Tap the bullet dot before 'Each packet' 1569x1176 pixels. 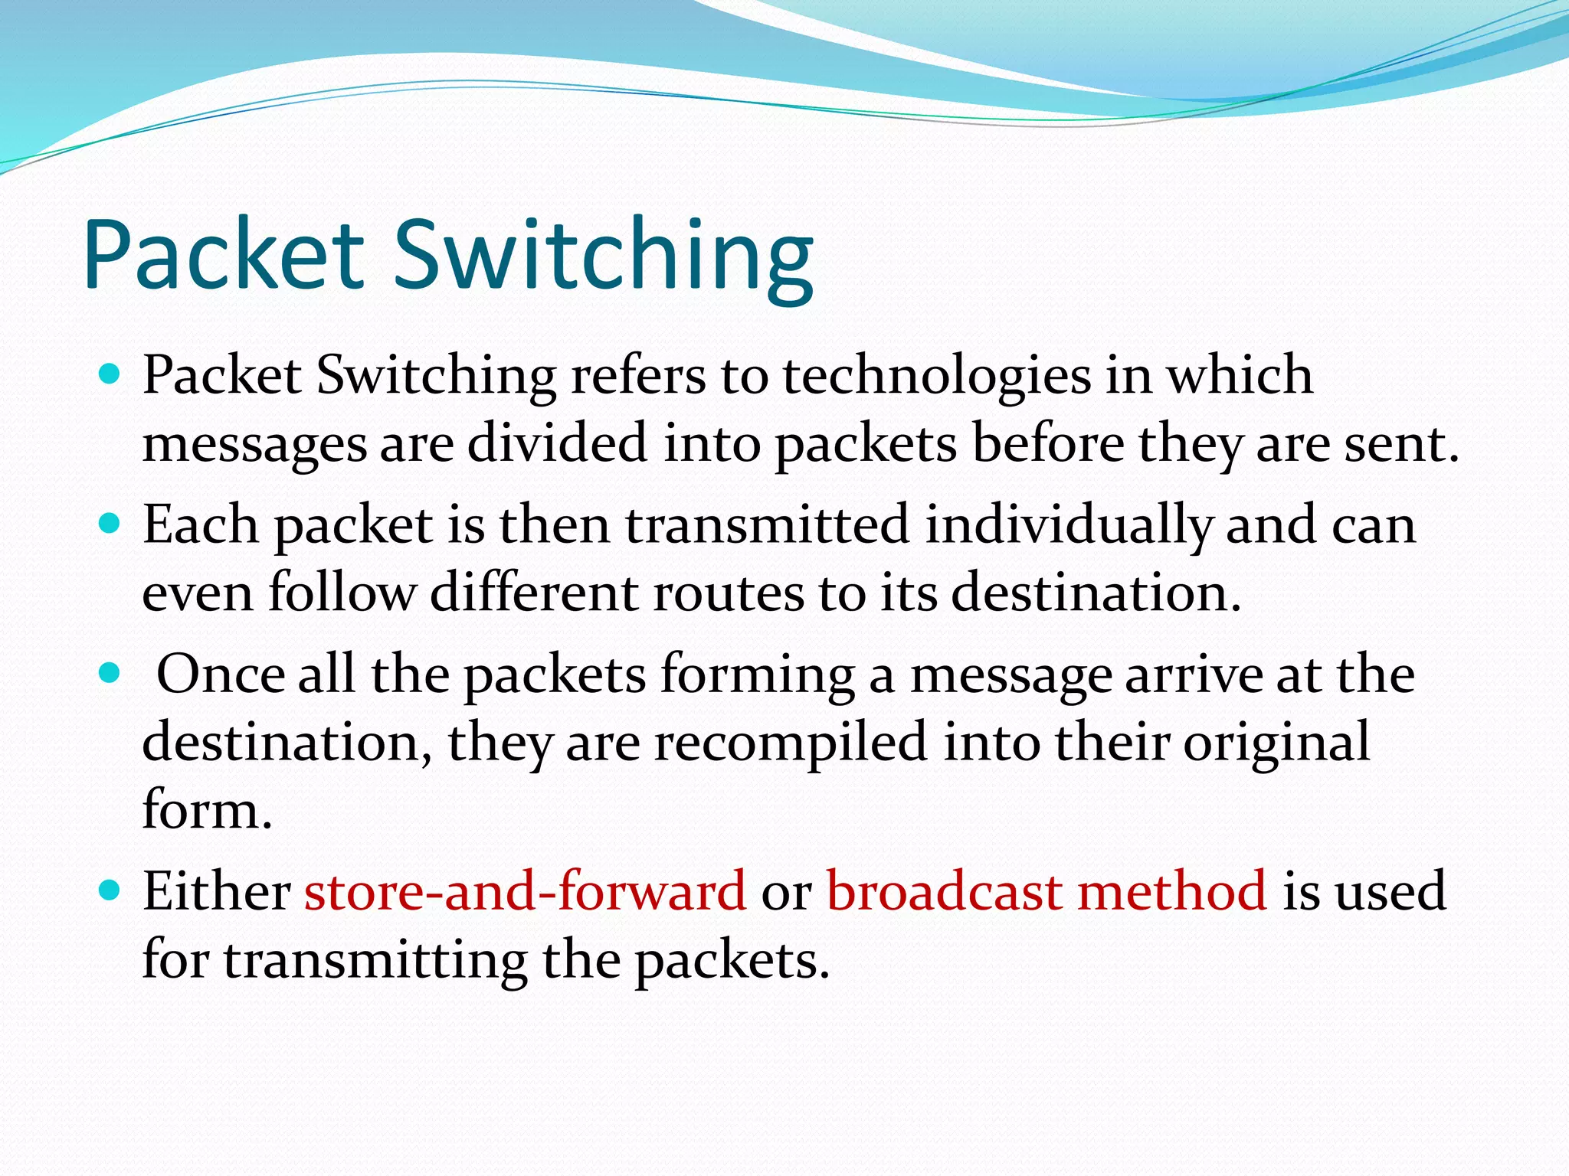pyautogui.click(x=110, y=524)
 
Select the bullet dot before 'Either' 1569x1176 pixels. pyautogui.click(x=110, y=890)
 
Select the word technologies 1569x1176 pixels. pyautogui.click(x=936, y=377)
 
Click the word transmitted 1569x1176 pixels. pyautogui.click(x=767, y=526)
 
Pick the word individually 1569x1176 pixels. pyautogui.click(x=1068, y=526)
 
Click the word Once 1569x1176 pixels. pyautogui.click(x=220, y=675)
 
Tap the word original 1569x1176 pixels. pyautogui.click(x=1276, y=743)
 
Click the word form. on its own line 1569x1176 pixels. pyautogui.click(x=207, y=809)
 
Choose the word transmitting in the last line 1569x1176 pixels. pyautogui.click(x=375, y=959)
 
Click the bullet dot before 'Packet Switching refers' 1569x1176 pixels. pyautogui.click(x=110, y=374)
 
